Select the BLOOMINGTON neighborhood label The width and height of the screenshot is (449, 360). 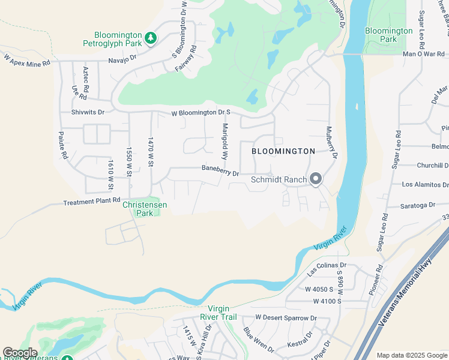tap(283, 151)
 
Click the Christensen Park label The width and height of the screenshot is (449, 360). tap(145, 208)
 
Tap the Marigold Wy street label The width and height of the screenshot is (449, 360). tap(225, 140)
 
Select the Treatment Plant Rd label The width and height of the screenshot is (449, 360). tap(92, 202)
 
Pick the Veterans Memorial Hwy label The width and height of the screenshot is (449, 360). tap(408, 295)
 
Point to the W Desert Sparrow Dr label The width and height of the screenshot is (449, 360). tap(286, 317)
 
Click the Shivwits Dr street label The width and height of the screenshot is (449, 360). tap(88, 112)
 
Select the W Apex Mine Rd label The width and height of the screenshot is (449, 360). tap(27, 60)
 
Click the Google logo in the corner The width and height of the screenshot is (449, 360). tap(20, 353)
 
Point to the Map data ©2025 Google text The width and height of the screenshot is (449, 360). tap(412, 355)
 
